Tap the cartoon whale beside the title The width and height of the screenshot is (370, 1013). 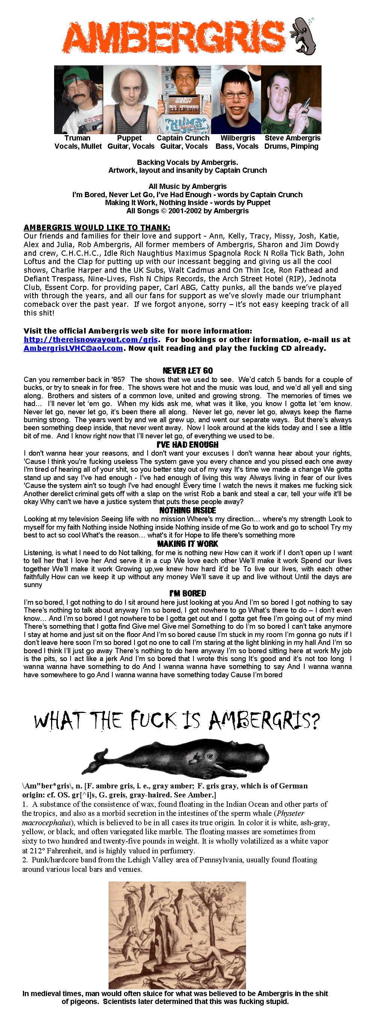click(x=304, y=36)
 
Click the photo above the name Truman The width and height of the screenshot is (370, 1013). click(x=79, y=100)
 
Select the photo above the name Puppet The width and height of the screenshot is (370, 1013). click(x=130, y=100)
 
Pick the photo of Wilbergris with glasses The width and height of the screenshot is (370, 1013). click(x=236, y=100)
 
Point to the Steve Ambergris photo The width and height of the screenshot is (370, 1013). click(x=291, y=100)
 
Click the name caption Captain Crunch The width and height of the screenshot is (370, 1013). click(x=183, y=138)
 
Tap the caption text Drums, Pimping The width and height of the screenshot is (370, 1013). click(x=291, y=146)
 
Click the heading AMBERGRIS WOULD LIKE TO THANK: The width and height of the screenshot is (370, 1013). click(x=97, y=227)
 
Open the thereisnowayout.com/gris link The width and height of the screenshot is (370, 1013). click(x=91, y=340)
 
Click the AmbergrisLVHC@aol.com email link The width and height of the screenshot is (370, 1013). click(x=73, y=348)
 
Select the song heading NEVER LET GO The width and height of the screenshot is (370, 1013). click(x=187, y=370)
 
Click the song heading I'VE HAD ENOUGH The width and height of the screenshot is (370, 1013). click(x=187, y=444)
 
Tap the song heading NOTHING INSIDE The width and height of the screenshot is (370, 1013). click(x=187, y=510)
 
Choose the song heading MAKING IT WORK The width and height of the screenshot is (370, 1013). click(x=187, y=543)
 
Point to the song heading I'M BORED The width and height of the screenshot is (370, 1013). click(x=187, y=593)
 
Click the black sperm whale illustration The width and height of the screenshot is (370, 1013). click(x=176, y=758)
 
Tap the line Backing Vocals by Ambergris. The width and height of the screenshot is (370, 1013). click(x=187, y=162)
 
